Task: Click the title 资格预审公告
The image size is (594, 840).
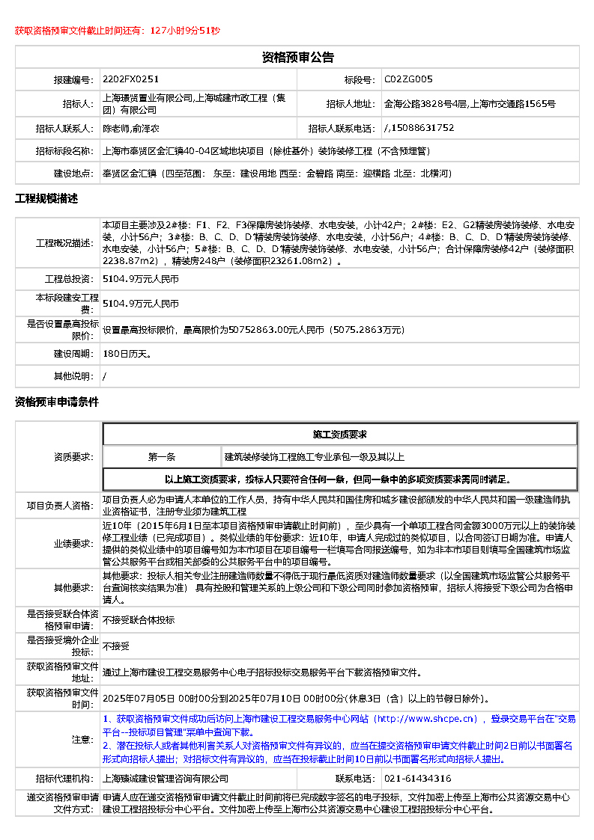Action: tap(297, 58)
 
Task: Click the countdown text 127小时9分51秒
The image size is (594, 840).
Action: tap(185, 31)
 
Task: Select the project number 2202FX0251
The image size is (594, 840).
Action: tap(131, 79)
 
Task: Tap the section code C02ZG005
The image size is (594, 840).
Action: tap(408, 79)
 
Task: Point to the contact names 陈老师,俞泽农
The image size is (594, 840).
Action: tap(131, 128)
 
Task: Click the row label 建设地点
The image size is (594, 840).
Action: tap(73, 174)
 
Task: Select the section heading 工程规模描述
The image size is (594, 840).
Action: tap(46, 199)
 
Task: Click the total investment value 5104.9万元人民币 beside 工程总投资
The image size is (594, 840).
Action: tap(141, 279)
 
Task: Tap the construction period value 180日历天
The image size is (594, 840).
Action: tap(127, 353)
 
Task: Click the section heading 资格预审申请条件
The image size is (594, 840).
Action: tap(57, 402)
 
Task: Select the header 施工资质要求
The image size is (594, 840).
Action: tap(339, 435)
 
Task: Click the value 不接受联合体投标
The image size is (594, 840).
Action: tap(139, 620)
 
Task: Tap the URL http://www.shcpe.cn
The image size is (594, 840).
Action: tap(426, 720)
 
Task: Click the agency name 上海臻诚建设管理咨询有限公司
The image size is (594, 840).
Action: tap(166, 779)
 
